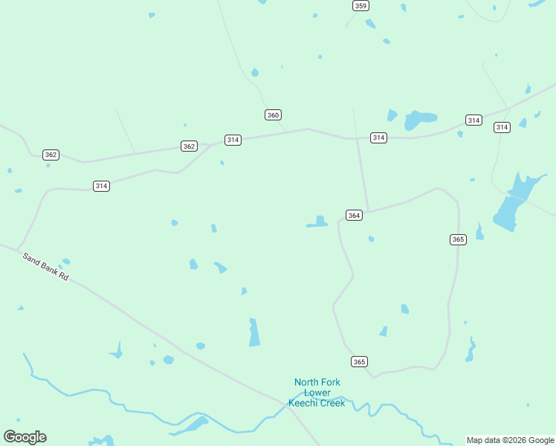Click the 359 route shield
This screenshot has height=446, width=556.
point(361,6)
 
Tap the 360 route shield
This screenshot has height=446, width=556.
point(273,114)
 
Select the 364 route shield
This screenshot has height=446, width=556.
point(354,216)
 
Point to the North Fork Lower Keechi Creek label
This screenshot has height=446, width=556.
point(317,392)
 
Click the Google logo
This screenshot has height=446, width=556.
point(25,437)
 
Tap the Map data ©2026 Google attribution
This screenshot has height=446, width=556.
point(511,440)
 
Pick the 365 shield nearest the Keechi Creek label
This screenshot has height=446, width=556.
point(360,362)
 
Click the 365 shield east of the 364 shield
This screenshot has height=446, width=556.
point(458,239)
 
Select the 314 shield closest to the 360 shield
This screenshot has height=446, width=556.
point(233,140)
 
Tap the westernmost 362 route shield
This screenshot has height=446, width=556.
point(51,155)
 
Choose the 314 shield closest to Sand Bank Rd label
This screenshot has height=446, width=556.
point(102,186)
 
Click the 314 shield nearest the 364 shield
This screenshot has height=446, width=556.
point(379,138)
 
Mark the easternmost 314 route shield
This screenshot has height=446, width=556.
point(502,128)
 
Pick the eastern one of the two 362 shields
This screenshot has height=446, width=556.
point(189,146)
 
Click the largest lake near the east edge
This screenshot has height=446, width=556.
point(513,204)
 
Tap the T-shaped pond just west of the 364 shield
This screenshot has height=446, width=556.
point(318,222)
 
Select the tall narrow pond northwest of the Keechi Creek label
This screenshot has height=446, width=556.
point(254,333)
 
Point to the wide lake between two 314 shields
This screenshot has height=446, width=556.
point(419,119)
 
